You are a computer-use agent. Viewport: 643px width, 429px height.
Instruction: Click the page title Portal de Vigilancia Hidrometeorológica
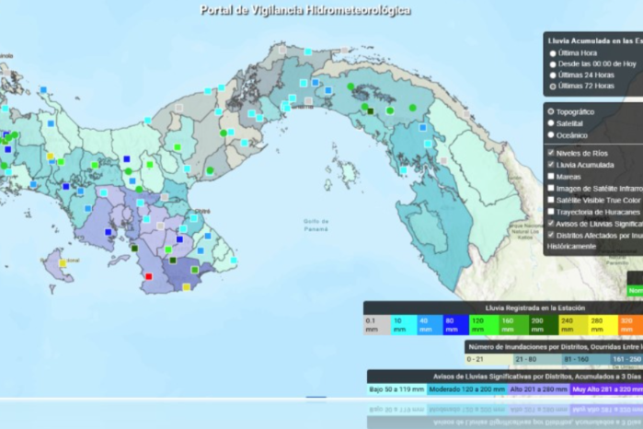tap(305, 10)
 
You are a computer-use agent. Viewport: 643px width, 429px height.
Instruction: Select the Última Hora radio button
tap(553, 53)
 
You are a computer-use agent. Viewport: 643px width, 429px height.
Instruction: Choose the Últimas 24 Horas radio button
tap(553, 75)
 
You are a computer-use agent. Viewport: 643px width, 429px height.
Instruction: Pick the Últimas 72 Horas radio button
tap(553, 86)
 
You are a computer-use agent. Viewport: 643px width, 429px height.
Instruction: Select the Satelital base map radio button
tap(551, 122)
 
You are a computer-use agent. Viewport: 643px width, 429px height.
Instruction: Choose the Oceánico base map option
tap(551, 134)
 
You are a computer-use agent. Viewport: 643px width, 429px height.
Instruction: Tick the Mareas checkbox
tap(551, 176)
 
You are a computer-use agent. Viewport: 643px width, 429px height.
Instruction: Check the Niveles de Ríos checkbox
tap(551, 153)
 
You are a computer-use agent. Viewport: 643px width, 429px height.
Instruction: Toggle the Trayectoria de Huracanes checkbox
tap(551, 212)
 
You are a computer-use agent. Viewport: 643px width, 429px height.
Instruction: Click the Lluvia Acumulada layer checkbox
tap(551, 165)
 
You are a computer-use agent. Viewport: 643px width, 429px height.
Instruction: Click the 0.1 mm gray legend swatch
tap(376, 324)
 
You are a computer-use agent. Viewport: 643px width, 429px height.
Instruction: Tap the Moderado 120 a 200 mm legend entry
tap(465, 389)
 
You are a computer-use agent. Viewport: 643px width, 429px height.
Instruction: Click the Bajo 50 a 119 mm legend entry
tap(396, 389)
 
